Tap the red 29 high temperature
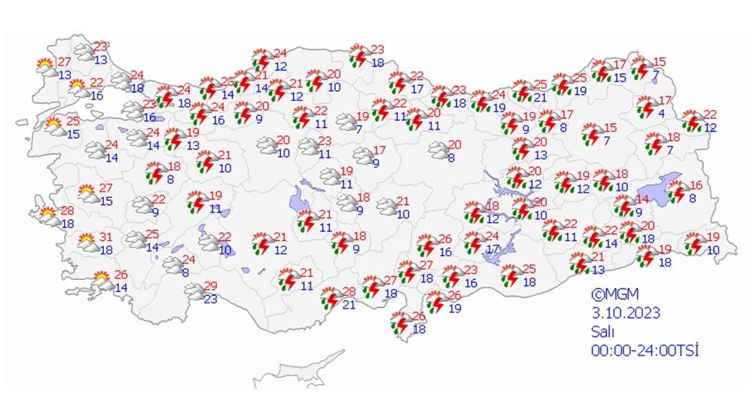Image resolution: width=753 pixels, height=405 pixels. tap(211, 285)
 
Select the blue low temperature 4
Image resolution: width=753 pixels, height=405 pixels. tap(660, 113)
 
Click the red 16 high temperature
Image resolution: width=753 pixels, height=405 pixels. tap(696, 185)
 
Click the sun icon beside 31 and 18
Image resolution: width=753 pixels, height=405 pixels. tap(87, 242)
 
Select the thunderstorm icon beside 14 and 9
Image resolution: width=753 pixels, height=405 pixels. tap(623, 206)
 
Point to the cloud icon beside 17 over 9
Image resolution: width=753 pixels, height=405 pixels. tap(363, 157)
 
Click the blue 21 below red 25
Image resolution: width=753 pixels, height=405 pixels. tap(540, 98)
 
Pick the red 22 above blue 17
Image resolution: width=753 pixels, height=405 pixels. tap(417, 77)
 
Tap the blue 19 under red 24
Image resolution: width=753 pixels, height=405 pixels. tap(498, 108)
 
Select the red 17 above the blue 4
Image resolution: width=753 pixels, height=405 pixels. tap(665, 100)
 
